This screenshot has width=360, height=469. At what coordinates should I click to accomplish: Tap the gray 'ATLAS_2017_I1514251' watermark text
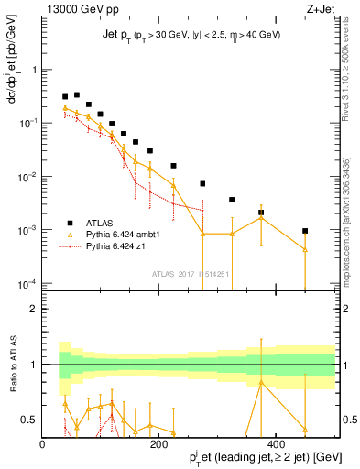[190, 273]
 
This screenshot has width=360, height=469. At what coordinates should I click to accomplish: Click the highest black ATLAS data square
[77, 94]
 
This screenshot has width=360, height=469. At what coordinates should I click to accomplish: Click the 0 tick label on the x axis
[42, 443]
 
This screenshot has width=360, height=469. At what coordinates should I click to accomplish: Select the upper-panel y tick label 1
[33, 69]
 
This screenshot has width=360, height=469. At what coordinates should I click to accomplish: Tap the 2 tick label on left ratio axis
[33, 309]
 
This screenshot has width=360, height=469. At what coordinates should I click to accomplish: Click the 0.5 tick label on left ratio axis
[29, 420]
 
